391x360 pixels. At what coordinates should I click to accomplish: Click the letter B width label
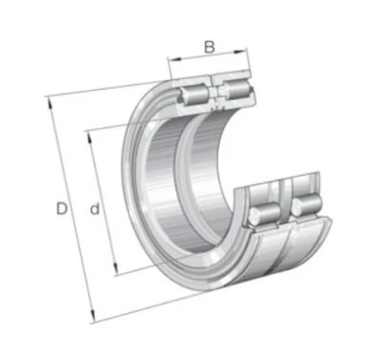pyautogui.click(x=209, y=47)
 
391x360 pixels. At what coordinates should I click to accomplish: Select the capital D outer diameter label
pyautogui.click(x=62, y=208)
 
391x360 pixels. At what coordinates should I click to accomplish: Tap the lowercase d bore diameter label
pyautogui.click(x=95, y=209)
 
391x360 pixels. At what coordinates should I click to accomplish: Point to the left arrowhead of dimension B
pyautogui.click(x=174, y=59)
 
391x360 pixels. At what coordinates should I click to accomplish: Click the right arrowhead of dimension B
pyautogui.click(x=240, y=52)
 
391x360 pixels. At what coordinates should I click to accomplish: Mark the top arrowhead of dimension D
pyautogui.click(x=50, y=103)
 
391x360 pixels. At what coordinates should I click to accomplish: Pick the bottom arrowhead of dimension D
pyautogui.click(x=93, y=316)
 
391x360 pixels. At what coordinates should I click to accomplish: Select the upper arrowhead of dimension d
pyautogui.click(x=89, y=138)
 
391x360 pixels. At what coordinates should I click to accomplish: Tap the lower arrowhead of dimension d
pyautogui.click(x=115, y=268)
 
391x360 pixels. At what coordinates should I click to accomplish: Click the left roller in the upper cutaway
pyautogui.click(x=195, y=94)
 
